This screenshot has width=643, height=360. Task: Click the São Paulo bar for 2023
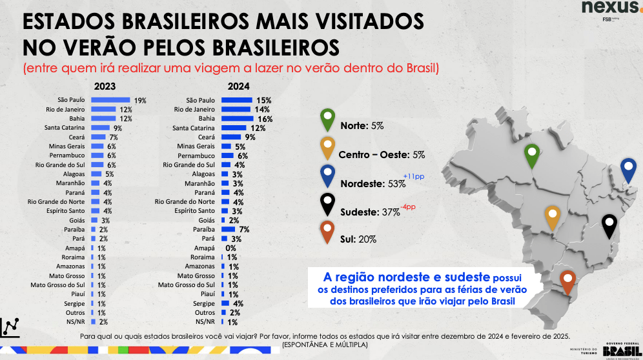tap(110, 100)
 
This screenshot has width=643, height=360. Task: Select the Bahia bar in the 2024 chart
tap(237, 119)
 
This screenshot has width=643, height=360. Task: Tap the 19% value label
tap(140, 101)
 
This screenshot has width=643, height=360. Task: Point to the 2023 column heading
tap(105, 86)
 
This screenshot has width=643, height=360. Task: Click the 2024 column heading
tap(238, 86)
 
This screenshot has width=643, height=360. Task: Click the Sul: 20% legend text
tap(359, 239)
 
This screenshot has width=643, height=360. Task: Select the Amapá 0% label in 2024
tap(230, 248)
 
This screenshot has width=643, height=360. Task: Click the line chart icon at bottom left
tap(10, 327)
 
